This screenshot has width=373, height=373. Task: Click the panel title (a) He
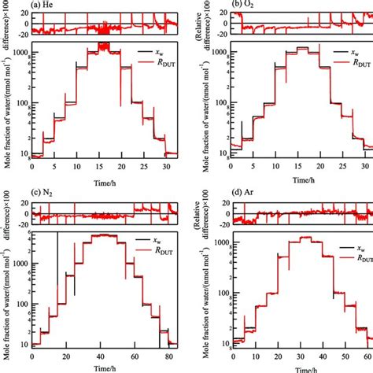pyautogui.click(x=48, y=5)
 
